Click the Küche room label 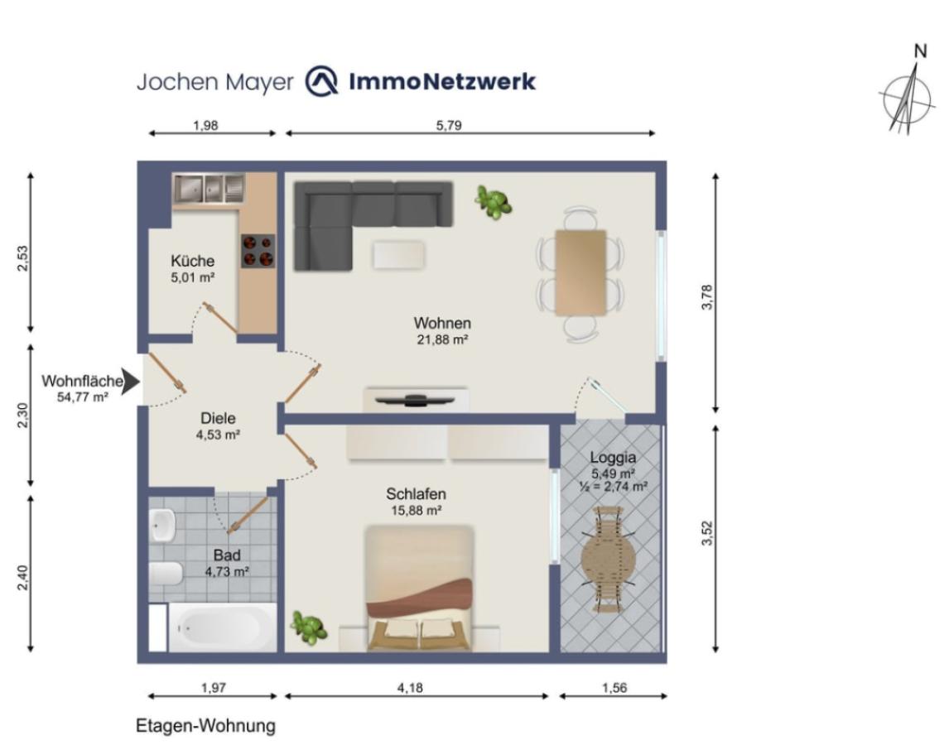(192, 261)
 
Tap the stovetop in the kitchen (258, 251)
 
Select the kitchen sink (208, 189)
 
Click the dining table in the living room (581, 272)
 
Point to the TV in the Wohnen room (415, 400)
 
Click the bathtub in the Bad (222, 627)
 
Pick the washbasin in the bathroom (163, 525)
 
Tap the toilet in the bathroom (166, 573)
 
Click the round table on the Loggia (609, 560)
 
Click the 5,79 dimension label (449, 125)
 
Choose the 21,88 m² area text (442, 339)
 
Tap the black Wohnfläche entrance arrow (130, 382)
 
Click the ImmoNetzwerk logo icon (321, 81)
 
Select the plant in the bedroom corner (309, 627)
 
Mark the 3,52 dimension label (707, 533)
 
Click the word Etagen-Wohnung (205, 726)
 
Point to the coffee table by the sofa (398, 255)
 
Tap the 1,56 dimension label (614, 688)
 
